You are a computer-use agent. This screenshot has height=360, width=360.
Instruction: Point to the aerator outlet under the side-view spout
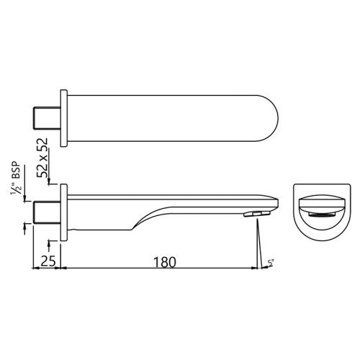(256, 215)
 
